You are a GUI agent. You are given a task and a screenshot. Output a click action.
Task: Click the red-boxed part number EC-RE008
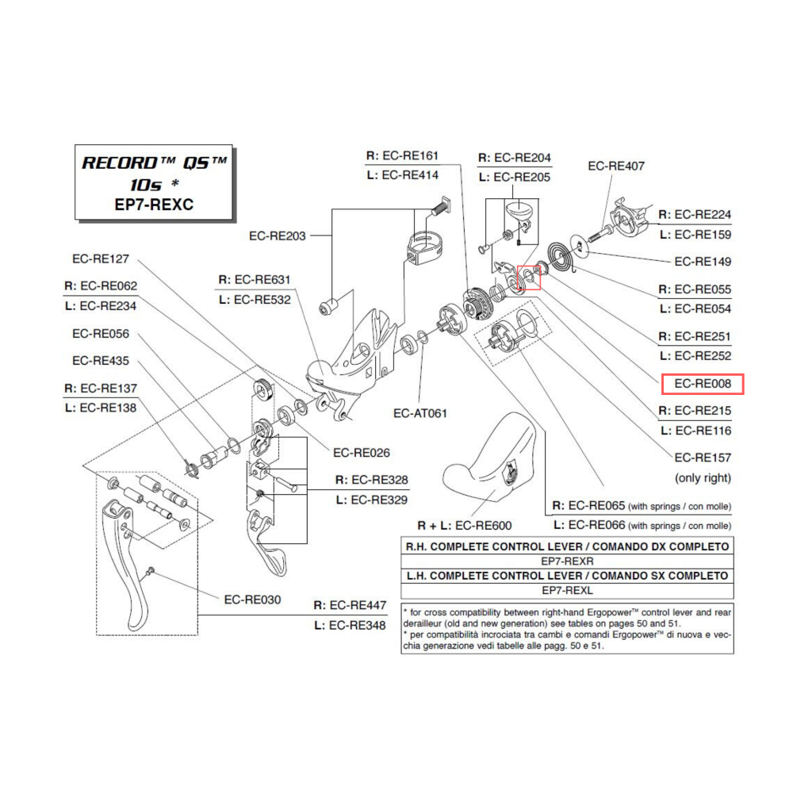703,385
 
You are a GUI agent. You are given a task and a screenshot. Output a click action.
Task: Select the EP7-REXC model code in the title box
155,205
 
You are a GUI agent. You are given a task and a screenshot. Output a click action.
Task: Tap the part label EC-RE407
616,167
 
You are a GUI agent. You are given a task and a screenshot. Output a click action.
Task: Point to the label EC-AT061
420,413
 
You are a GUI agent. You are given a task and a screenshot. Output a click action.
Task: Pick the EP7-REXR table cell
567,561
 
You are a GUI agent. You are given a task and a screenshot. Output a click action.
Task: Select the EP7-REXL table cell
567,591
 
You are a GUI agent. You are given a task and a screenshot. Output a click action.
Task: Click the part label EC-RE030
252,600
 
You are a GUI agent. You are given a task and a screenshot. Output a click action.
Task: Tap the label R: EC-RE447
351,605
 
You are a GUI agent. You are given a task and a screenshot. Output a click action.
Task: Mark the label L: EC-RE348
351,626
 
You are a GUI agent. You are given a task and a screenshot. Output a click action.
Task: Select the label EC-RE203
278,236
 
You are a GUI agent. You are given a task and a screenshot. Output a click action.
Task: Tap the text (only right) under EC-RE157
703,478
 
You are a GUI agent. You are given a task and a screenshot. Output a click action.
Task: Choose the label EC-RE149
703,262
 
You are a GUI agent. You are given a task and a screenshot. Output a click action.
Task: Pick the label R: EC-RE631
254,279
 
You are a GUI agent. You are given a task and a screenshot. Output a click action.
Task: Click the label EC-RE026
362,453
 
